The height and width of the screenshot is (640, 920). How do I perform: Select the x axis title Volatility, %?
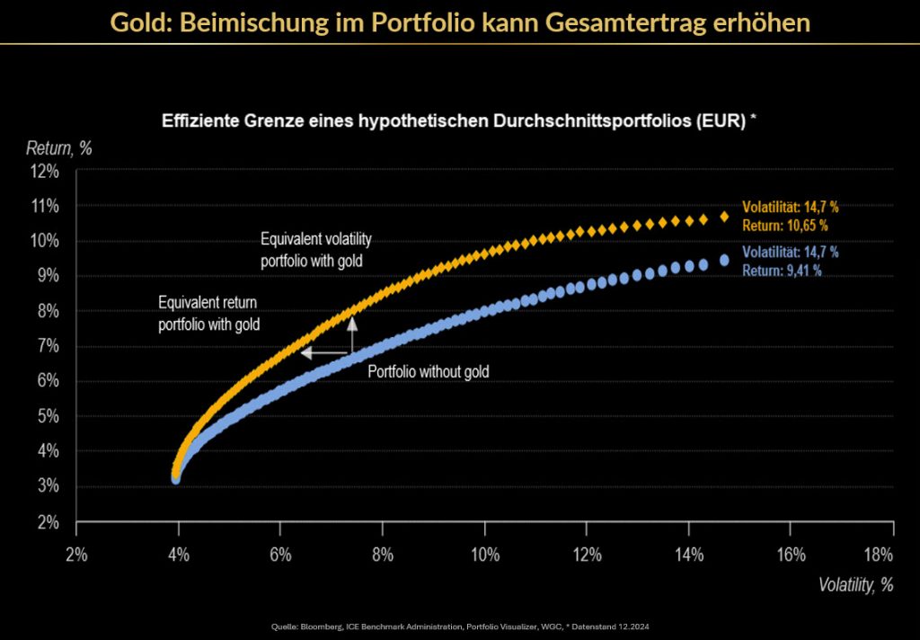pos(855,584)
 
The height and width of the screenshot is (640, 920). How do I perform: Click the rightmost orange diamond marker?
pos(724,217)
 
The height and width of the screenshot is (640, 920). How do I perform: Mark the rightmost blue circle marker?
pos(724,261)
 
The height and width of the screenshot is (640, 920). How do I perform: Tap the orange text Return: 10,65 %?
pos(784,225)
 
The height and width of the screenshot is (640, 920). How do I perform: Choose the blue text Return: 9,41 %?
pos(782,269)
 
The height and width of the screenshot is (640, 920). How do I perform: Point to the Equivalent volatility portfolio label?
pos(315,249)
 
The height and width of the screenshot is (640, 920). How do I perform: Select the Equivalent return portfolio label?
pos(208,312)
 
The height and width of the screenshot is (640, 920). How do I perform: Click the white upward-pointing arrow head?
pos(353,322)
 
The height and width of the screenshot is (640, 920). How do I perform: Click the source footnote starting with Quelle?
pos(459,625)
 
